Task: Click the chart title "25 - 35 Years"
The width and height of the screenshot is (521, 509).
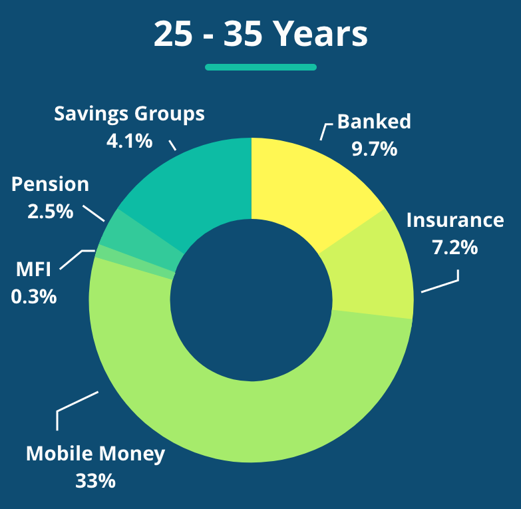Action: coord(261,34)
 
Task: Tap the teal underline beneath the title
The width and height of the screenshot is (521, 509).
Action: coord(261,67)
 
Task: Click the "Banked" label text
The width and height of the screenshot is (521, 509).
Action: coord(374,122)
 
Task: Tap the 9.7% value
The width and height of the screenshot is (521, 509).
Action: coord(374,148)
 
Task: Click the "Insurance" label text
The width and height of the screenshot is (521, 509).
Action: coord(455,220)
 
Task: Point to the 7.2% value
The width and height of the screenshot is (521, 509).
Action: coord(455,248)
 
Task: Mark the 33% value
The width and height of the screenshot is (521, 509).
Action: coord(95,481)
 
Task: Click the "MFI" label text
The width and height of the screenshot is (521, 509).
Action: coord(33,269)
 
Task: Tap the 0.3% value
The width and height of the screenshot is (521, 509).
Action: coord(33,296)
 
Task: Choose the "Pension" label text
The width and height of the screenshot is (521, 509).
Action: coord(50,184)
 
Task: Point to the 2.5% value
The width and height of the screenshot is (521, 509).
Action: coord(50,212)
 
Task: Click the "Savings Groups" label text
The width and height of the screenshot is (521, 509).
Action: coord(129,114)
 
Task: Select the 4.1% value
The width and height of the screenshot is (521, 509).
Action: coord(129,141)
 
